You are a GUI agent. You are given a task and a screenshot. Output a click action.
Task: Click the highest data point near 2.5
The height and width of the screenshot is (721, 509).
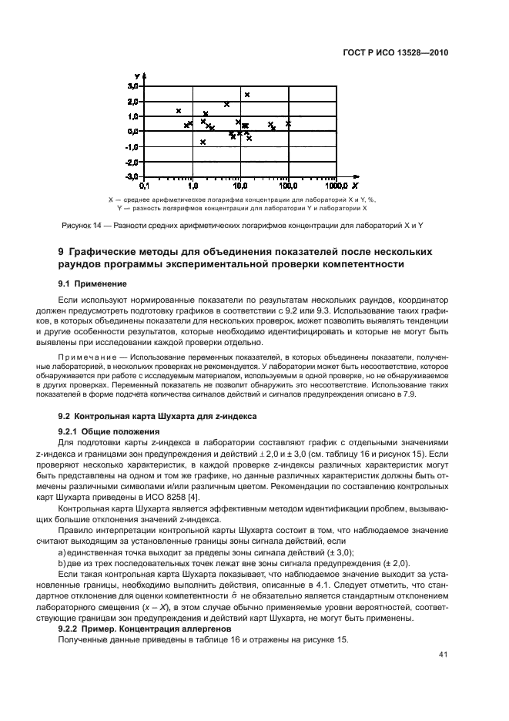point(247,95)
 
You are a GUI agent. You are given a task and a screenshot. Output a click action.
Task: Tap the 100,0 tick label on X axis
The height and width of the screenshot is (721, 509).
point(288,186)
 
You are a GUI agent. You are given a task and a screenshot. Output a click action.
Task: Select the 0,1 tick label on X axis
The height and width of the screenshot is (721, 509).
point(144,186)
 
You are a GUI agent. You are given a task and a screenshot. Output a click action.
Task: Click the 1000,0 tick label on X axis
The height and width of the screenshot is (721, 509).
point(336,186)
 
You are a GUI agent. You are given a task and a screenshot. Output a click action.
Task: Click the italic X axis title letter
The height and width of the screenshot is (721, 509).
point(355,186)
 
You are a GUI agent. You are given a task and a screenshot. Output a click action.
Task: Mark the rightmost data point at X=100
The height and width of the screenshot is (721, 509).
point(289,123)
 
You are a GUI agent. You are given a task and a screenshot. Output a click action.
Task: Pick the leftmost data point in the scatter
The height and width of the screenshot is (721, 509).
point(179,111)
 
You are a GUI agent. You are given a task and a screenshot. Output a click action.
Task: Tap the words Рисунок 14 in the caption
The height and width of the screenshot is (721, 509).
point(79,225)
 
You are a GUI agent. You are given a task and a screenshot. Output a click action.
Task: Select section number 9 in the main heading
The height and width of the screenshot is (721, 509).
point(62,252)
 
